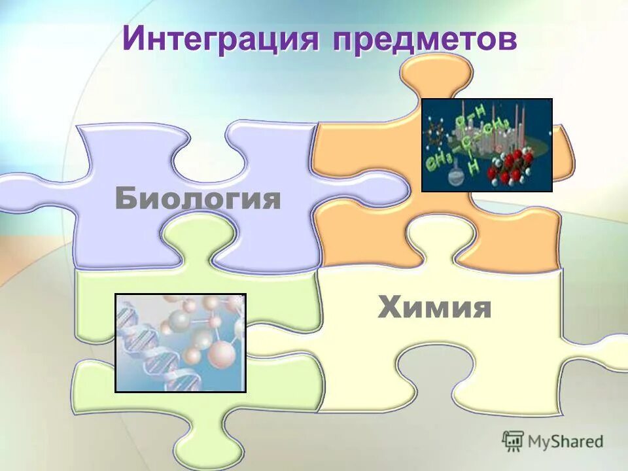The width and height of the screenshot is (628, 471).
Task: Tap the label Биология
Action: [x=198, y=198]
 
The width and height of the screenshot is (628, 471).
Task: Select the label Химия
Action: [x=434, y=307]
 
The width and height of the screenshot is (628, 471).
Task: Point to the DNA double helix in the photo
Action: [x=141, y=347]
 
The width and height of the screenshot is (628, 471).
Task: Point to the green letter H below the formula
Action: [x=474, y=167]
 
